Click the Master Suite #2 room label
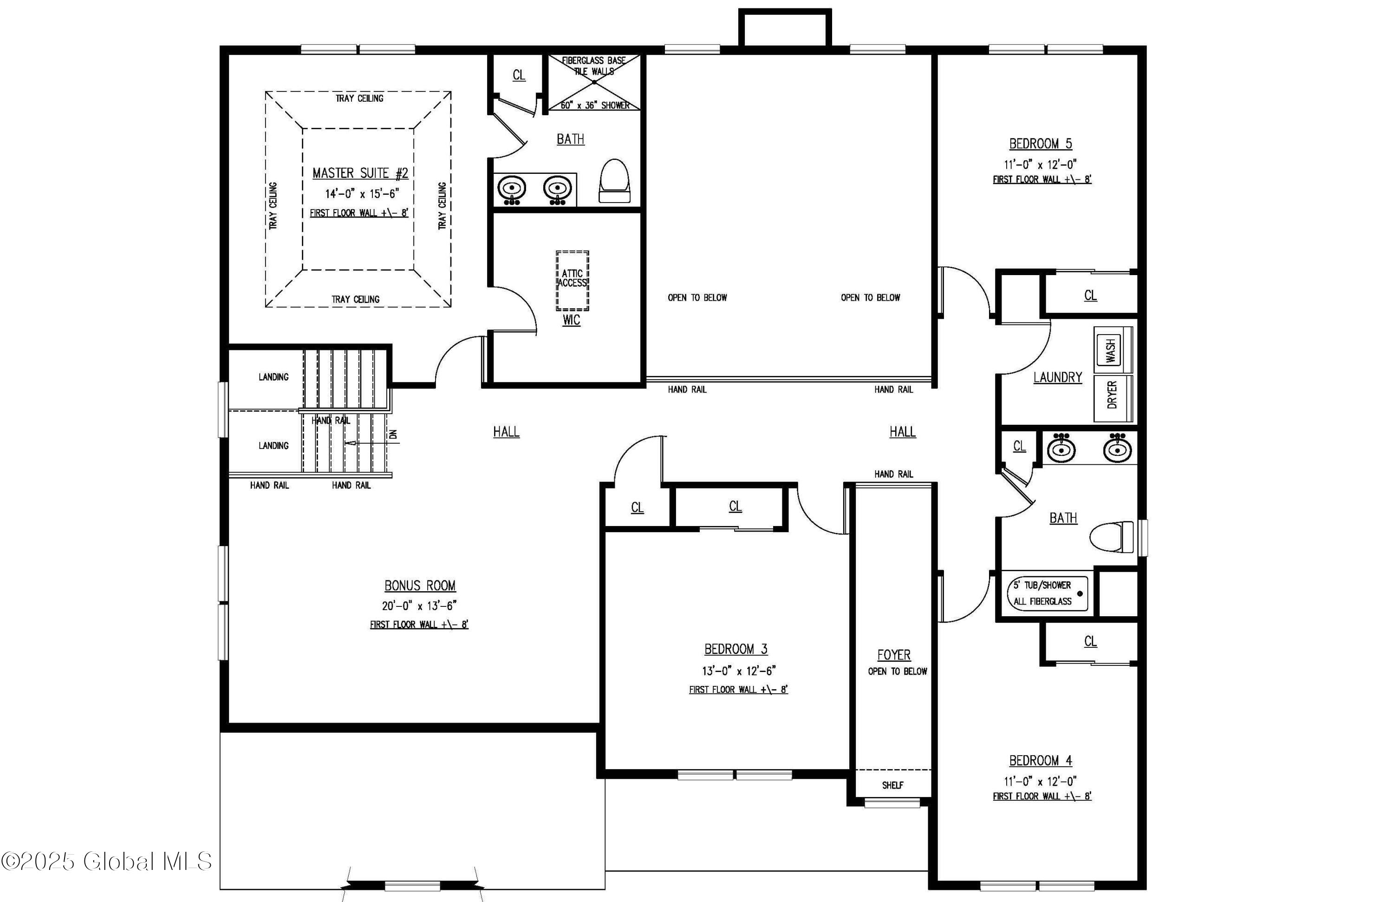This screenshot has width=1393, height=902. click(360, 173)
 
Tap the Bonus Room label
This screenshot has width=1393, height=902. click(420, 585)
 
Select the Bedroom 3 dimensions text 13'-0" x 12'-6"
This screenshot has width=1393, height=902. click(739, 671)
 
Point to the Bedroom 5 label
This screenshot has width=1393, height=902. click(1040, 144)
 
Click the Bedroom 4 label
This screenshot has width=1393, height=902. click(1040, 760)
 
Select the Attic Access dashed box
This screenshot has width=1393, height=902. click(573, 281)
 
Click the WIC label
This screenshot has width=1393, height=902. click(571, 320)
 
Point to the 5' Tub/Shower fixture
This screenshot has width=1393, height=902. click(1047, 593)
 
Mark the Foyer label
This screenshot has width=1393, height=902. click(894, 655)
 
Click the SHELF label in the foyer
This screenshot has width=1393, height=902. click(892, 785)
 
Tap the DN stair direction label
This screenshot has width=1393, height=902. click(393, 434)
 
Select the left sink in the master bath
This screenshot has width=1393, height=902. click(512, 189)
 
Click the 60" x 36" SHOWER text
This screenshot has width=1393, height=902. click(595, 105)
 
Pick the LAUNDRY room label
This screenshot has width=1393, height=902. click(1058, 377)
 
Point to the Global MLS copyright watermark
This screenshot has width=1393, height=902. click(106, 861)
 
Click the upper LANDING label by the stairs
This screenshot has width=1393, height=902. click(273, 376)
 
